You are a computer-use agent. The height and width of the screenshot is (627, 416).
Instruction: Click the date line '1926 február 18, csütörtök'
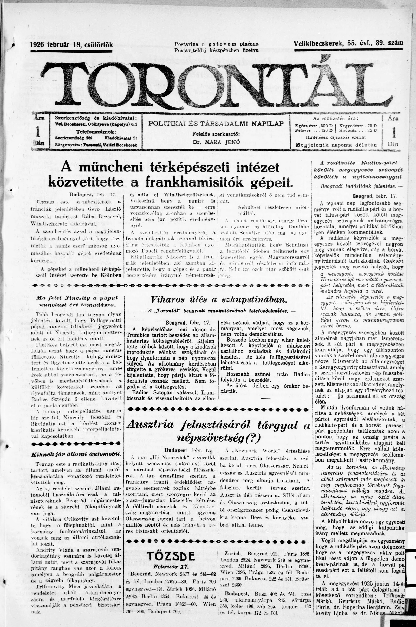72,45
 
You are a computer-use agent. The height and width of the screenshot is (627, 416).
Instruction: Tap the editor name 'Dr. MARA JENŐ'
216,142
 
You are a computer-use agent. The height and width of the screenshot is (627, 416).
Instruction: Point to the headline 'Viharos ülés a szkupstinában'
219,300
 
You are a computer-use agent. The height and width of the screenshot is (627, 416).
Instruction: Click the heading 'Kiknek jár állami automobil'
76,454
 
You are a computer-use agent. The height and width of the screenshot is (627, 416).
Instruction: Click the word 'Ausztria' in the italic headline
151,425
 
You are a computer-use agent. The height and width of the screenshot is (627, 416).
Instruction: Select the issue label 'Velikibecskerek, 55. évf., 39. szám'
348,43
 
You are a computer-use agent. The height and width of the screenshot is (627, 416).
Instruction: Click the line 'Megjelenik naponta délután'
336,145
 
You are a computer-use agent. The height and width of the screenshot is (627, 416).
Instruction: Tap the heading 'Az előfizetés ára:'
335,118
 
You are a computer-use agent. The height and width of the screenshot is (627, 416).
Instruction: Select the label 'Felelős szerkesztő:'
216,134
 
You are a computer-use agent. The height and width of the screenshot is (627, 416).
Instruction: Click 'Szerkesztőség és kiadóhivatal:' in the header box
95,118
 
